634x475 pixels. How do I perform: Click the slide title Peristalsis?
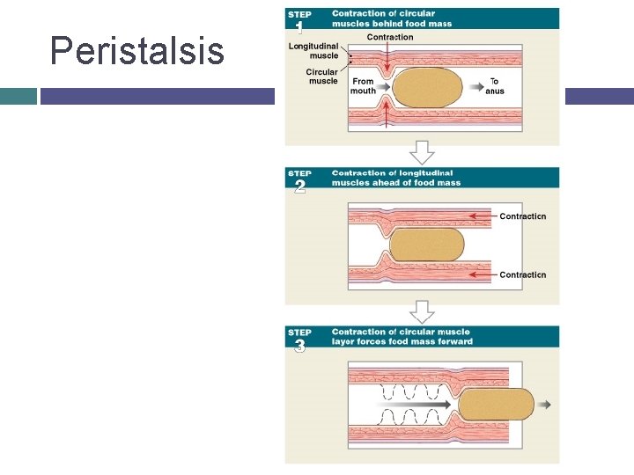(137, 51)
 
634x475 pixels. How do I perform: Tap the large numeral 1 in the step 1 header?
(299, 27)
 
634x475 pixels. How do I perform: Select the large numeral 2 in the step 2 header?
(299, 186)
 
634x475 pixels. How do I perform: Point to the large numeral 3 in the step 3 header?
(299, 346)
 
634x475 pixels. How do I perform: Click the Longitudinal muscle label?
(313, 50)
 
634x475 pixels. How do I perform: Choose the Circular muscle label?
(321, 77)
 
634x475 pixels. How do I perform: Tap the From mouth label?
(363, 86)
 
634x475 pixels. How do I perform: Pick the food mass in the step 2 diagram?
(426, 245)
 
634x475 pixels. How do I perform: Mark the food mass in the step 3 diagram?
(496, 404)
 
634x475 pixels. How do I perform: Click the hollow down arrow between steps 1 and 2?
(423, 153)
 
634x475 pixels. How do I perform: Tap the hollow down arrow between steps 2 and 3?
(423, 312)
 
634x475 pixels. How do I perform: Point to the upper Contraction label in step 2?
(522, 216)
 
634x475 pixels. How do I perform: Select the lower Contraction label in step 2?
(522, 275)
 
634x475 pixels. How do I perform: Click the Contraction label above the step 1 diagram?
(389, 38)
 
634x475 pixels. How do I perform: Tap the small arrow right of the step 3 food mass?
(545, 405)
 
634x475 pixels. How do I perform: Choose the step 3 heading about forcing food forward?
(402, 337)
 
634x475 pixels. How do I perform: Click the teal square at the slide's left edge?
(18, 95)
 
